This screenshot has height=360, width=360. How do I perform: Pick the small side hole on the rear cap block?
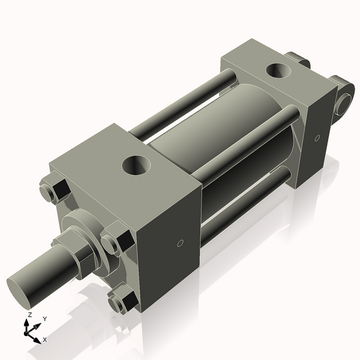[x=317, y=138]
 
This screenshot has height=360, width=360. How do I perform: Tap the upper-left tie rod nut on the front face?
[x=53, y=191]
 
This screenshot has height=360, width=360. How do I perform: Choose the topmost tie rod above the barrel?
[x=180, y=102]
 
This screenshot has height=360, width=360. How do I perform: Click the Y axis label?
[x=44, y=319]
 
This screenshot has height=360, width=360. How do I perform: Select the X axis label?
[x=44, y=340]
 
